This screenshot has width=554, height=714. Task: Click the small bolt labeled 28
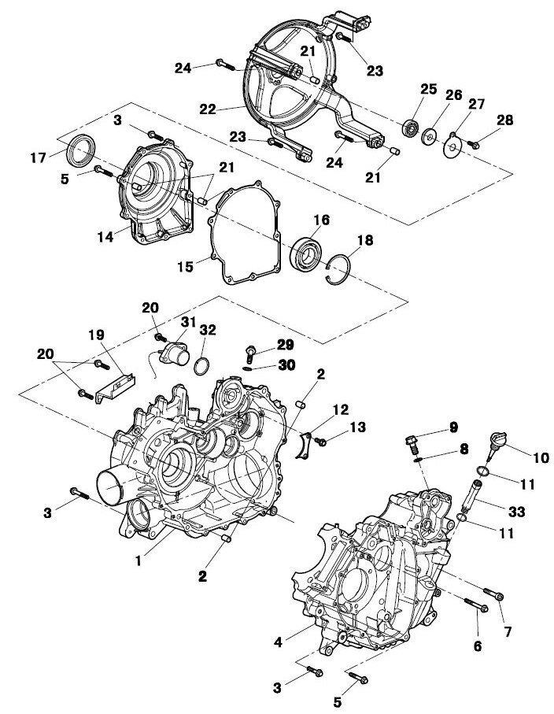tap(475, 143)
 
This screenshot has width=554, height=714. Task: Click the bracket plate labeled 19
tap(113, 387)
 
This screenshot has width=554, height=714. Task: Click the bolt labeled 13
tap(323, 444)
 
